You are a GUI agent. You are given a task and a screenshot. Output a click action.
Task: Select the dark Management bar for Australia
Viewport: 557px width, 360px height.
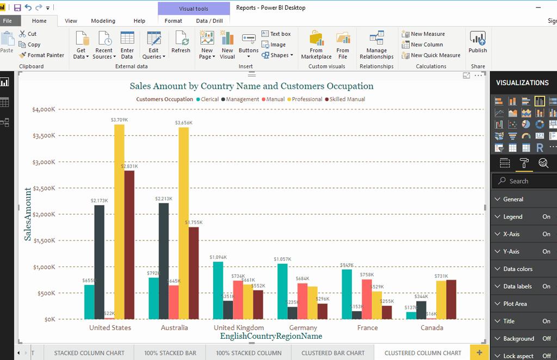(x=164, y=261)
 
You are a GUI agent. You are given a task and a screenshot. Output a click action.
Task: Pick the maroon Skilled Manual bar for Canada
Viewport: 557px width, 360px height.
(x=451, y=300)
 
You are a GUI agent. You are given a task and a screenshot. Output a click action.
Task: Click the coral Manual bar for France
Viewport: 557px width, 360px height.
(x=367, y=299)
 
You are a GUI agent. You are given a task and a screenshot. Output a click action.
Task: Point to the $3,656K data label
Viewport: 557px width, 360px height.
(x=183, y=123)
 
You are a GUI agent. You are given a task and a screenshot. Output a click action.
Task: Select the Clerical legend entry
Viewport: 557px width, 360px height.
(x=209, y=100)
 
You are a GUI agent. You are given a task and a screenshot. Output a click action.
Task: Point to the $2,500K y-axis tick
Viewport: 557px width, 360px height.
(x=44, y=188)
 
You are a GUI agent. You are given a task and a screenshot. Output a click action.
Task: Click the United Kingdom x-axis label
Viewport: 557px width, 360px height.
(x=239, y=328)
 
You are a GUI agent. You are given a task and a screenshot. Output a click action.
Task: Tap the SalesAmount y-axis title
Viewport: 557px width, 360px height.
(x=28, y=214)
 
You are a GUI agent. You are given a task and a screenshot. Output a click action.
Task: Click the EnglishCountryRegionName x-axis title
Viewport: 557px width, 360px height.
(x=271, y=337)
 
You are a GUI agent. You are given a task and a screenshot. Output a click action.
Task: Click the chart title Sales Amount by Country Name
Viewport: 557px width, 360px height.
(x=251, y=86)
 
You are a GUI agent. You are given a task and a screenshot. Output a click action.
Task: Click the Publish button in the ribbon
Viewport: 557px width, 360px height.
(x=478, y=42)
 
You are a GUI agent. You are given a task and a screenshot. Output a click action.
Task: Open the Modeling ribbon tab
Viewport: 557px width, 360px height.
(x=103, y=21)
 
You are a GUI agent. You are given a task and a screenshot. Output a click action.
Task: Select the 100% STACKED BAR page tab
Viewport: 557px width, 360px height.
(x=170, y=353)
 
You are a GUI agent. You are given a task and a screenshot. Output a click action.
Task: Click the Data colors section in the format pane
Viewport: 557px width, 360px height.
(x=518, y=269)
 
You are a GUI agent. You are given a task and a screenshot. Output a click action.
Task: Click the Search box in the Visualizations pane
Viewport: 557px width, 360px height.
(x=525, y=181)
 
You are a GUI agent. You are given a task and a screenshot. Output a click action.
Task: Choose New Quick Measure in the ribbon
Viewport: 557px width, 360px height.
(x=435, y=55)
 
